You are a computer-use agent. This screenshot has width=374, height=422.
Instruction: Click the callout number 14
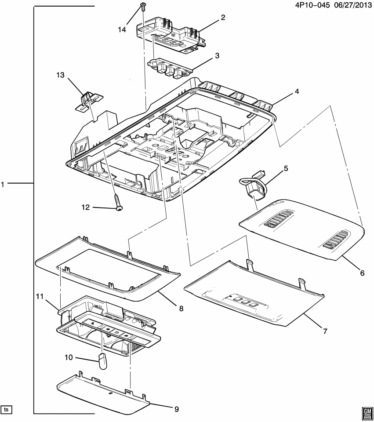click(122, 30)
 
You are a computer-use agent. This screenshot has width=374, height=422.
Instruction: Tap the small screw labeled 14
click(143, 6)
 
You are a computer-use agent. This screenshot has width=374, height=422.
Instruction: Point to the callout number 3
click(217, 56)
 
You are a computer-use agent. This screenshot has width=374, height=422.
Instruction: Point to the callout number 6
click(362, 273)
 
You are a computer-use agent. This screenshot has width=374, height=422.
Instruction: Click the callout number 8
click(181, 309)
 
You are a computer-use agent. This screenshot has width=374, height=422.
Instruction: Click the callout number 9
click(176, 409)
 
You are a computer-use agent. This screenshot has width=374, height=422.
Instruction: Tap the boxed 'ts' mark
click(6, 410)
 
